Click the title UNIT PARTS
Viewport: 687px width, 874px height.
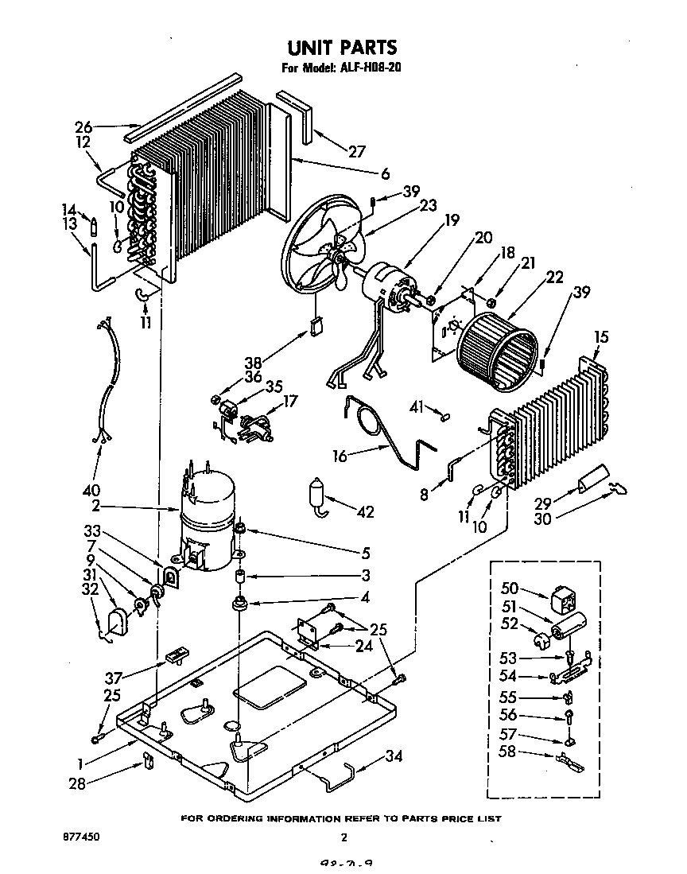click(x=343, y=49)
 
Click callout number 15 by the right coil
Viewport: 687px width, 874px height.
click(x=602, y=338)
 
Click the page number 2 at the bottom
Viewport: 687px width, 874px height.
click(x=343, y=837)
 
